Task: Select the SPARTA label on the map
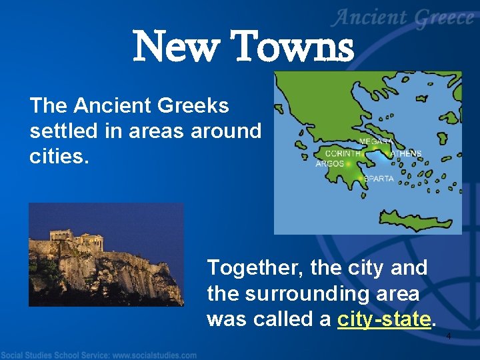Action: (379, 179)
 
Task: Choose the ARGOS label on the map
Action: (329, 164)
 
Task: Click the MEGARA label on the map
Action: (376, 142)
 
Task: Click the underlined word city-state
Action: (383, 319)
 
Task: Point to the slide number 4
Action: (449, 336)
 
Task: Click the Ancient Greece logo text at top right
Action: (404, 19)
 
